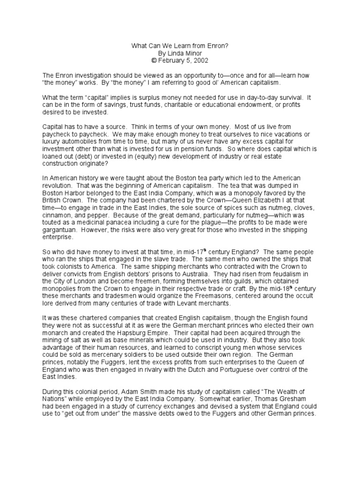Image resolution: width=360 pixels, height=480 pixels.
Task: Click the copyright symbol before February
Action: pyautogui.click(x=153, y=60)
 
